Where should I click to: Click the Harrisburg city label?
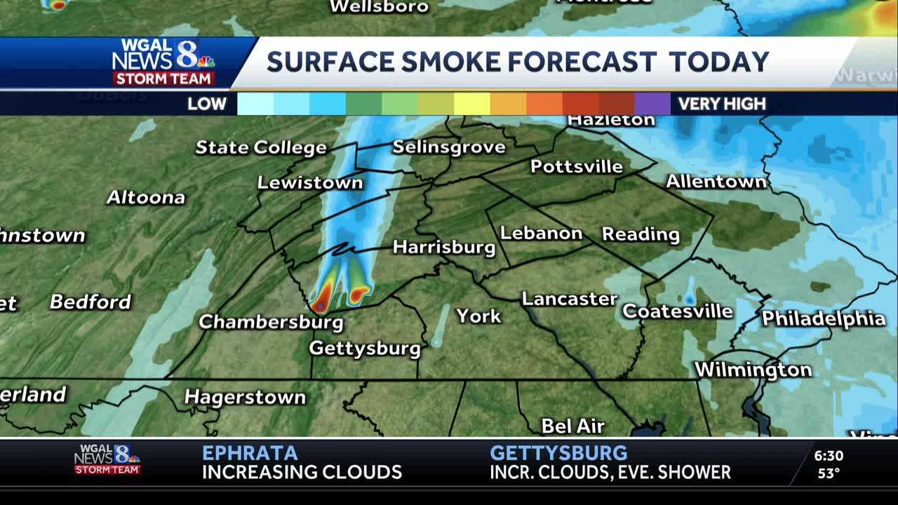[x=443, y=247]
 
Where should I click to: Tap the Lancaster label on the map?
[x=569, y=299]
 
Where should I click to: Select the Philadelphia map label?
[x=823, y=318]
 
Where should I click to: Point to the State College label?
[x=260, y=147]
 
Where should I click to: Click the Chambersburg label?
[x=271, y=322]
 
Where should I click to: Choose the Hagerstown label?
[x=245, y=397]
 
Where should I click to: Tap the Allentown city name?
[x=716, y=182]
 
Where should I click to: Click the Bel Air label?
[x=572, y=426]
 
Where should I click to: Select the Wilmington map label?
[x=753, y=370]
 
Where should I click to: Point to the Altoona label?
[x=145, y=198]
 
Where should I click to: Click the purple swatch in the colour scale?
[x=652, y=104]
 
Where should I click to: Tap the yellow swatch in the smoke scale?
[x=471, y=104]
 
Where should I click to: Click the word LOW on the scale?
[x=206, y=104]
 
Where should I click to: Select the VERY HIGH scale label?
[x=721, y=104]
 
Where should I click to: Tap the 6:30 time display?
[x=829, y=456]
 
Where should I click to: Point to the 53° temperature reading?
[x=829, y=473]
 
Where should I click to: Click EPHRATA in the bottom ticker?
[x=250, y=453]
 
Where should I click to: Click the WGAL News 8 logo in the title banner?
[x=164, y=62]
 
